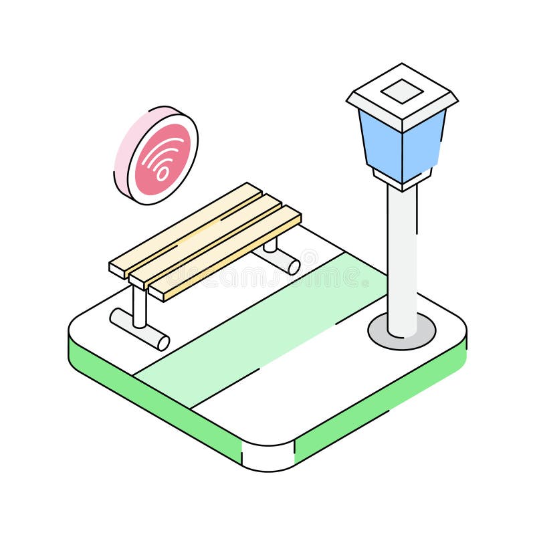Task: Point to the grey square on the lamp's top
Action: point(402,91)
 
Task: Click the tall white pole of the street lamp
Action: point(402,261)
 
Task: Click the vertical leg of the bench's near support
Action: point(139,304)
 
